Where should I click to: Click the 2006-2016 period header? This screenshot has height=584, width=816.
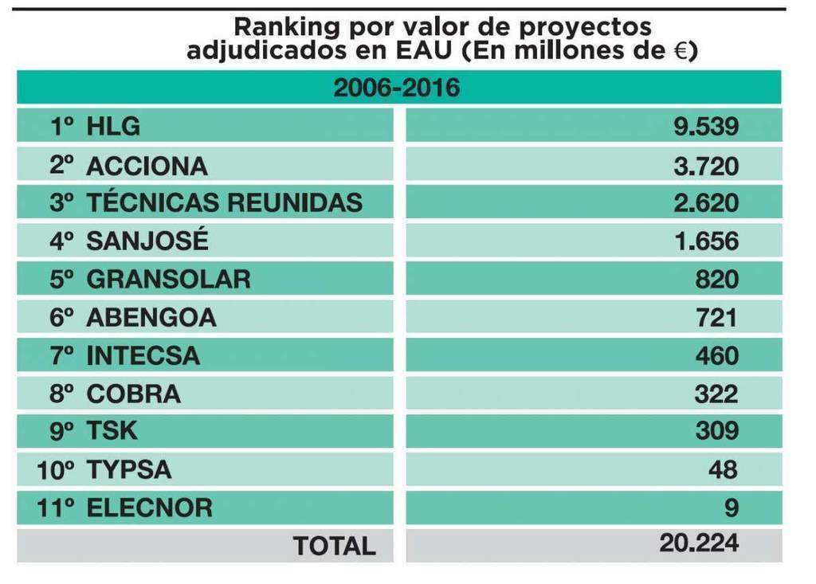coord(396,88)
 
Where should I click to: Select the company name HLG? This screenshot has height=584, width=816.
coord(112,127)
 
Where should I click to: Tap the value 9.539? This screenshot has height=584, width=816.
coord(706,127)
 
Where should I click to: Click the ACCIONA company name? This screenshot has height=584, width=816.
coord(147,166)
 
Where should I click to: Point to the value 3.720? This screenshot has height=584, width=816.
coord(706,166)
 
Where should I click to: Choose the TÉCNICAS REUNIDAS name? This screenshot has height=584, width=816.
coord(224,203)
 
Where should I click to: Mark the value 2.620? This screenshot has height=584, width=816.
coord(706,203)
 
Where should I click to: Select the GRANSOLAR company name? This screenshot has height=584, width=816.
coord(168,280)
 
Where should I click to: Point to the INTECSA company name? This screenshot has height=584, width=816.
coord(143,355)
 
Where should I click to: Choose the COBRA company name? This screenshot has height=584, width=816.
coord(133,394)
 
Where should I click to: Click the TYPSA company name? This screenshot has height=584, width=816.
coord(128,470)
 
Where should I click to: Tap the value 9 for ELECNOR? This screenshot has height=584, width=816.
coord(732,508)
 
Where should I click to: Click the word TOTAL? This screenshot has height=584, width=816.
coord(334,547)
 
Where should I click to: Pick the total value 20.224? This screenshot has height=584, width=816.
coord(699,543)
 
